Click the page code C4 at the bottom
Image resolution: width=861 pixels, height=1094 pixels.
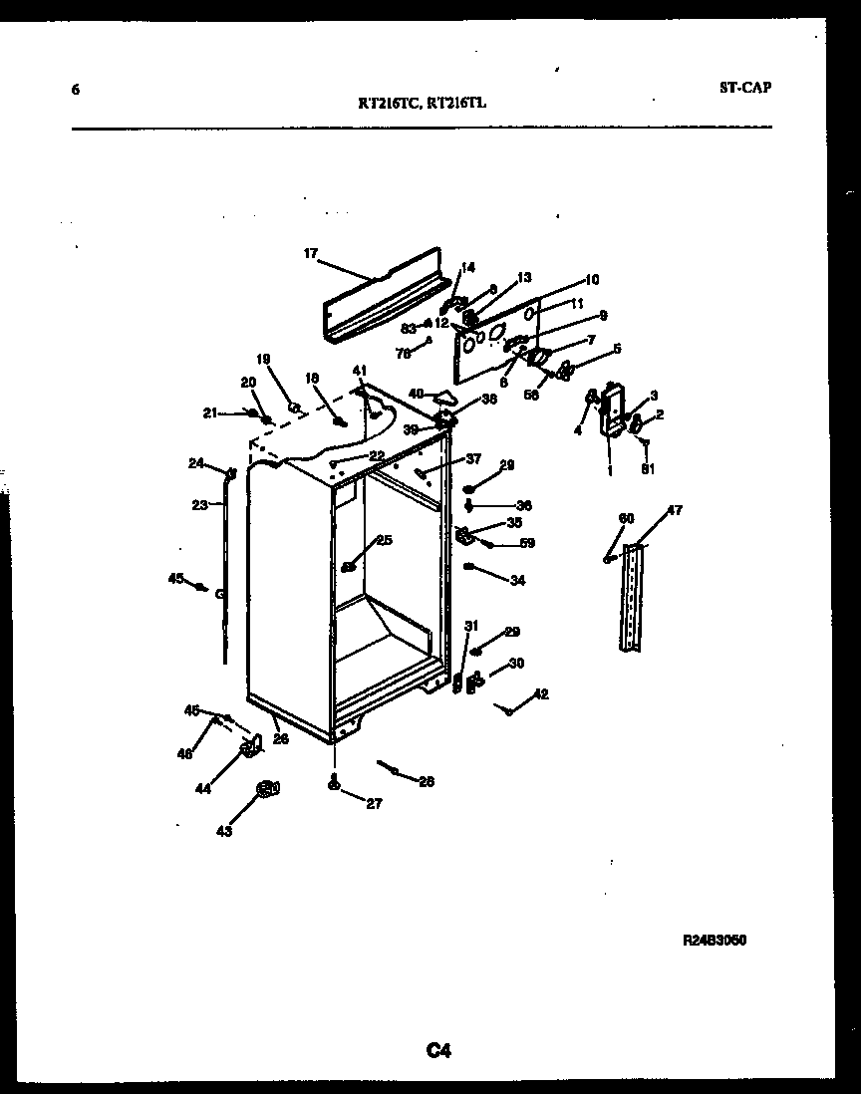439,1049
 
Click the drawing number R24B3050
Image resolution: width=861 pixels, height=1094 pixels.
715,940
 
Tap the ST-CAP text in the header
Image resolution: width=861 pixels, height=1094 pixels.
744,87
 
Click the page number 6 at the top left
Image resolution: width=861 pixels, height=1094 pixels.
75,90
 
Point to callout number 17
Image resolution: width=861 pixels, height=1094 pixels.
310,254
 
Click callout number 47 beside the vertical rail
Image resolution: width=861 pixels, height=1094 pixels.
675,511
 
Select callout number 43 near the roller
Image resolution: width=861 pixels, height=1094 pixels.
224,830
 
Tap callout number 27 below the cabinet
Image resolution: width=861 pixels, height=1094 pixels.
374,804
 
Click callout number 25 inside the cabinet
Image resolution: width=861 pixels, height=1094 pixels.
384,540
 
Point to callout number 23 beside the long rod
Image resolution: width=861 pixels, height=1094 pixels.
200,505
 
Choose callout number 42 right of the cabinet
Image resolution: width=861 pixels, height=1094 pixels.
541,694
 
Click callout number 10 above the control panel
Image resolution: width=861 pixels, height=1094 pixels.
591,279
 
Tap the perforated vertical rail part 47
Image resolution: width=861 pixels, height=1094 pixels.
632,598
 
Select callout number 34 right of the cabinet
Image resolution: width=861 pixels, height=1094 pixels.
516,580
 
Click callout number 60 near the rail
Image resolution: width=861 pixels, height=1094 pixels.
626,518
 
